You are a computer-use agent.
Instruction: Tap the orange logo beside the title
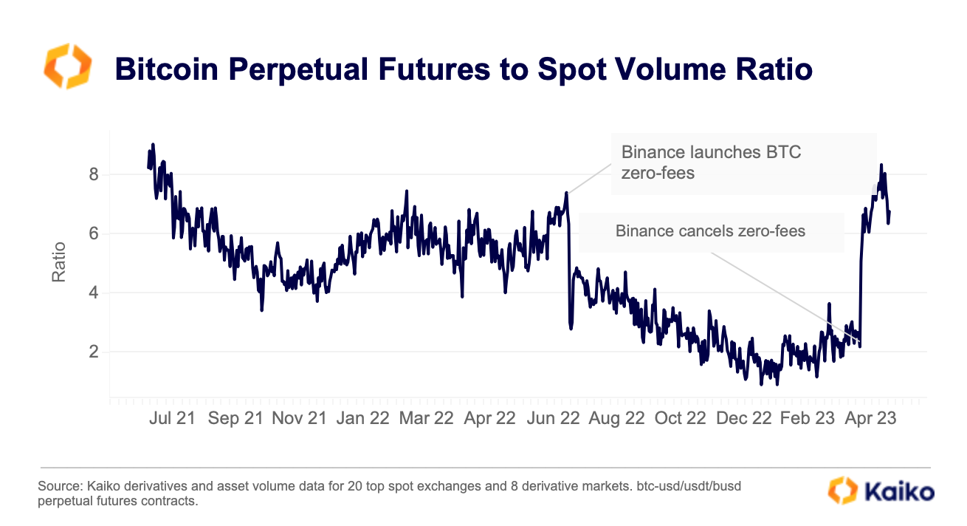pyautogui.click(x=68, y=66)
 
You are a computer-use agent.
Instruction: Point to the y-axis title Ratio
pyautogui.click(x=59, y=262)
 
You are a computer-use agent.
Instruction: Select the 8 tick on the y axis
pyautogui.click(x=94, y=175)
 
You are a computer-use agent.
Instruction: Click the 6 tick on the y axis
pyautogui.click(x=94, y=234)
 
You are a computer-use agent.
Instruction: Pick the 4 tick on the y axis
pyautogui.click(x=94, y=293)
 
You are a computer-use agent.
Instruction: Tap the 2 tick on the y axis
pyautogui.click(x=94, y=352)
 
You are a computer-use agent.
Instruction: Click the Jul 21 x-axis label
pyautogui.click(x=172, y=418)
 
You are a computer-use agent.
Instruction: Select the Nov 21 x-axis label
pyautogui.click(x=299, y=418)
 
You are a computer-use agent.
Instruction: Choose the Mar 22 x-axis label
pyautogui.click(x=426, y=418)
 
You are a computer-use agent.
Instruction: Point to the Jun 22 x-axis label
pyautogui.click(x=553, y=418)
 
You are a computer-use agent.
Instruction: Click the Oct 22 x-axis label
pyautogui.click(x=680, y=418)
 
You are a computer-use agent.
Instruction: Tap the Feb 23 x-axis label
pyautogui.click(x=807, y=418)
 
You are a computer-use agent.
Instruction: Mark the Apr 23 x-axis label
pyautogui.click(x=870, y=418)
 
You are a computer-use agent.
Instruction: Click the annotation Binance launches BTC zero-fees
pyautogui.click(x=711, y=163)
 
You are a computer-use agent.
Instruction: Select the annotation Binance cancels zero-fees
pyautogui.click(x=710, y=231)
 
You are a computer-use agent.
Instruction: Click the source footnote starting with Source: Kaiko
pyautogui.click(x=399, y=494)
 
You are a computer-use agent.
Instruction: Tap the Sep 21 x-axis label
pyautogui.click(x=235, y=418)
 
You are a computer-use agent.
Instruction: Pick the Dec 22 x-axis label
pyautogui.click(x=743, y=418)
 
